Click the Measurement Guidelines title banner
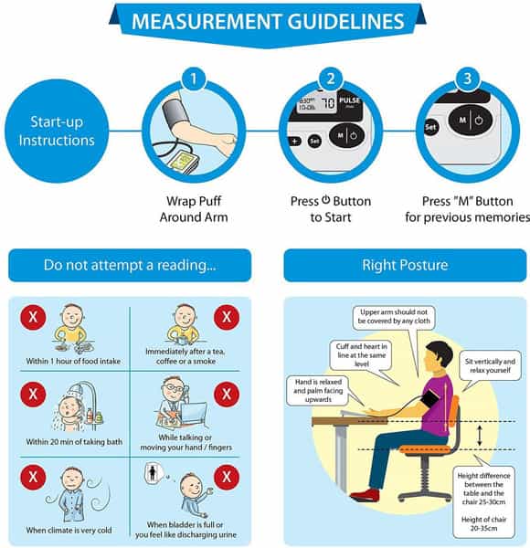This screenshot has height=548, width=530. click(x=268, y=24)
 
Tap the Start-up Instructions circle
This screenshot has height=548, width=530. click(x=57, y=131)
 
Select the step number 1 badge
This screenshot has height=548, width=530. click(x=194, y=79)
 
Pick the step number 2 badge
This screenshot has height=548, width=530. click(x=331, y=79)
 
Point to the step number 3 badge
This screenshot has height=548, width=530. click(x=468, y=79)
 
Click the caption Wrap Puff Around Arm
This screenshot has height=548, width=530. click(x=194, y=209)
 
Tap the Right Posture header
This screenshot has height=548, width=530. click(x=405, y=265)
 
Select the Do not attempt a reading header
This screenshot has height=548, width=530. click(x=130, y=265)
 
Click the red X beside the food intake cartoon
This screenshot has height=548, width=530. click(x=33, y=317)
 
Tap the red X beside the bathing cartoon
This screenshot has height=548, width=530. click(x=33, y=395)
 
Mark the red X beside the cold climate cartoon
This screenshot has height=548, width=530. click(x=33, y=477)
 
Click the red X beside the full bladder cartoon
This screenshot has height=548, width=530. click(x=227, y=477)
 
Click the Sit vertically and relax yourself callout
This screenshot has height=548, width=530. click(x=490, y=366)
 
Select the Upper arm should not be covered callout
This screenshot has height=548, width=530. click(x=394, y=317)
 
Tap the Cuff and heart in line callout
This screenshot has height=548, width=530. click(x=362, y=355)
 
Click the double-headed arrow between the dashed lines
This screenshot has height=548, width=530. click(x=480, y=435)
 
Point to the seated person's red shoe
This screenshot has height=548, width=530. click(x=365, y=494)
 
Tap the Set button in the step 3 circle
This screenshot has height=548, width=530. click(x=430, y=127)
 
